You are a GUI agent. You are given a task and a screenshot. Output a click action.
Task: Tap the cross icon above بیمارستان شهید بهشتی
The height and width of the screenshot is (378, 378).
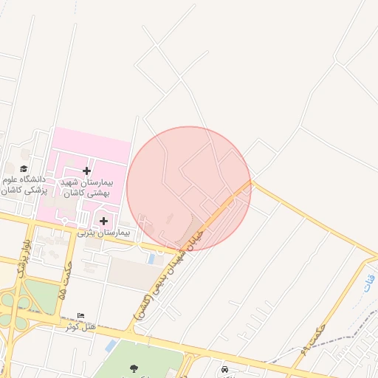[x=86, y=171]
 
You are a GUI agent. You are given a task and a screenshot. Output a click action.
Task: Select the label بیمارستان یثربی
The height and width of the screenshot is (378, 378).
[x=103, y=233]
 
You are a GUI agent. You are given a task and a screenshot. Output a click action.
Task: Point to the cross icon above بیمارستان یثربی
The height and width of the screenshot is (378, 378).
[x=103, y=221]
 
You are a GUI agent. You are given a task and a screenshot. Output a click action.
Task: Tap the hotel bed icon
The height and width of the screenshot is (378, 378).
[x=80, y=315]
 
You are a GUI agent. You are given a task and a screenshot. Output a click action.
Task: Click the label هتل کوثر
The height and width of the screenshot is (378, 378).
[x=80, y=326]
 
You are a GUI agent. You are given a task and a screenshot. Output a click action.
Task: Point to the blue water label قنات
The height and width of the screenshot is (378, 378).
[x=369, y=282]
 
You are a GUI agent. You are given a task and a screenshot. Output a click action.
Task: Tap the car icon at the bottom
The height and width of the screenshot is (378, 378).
[x=224, y=368]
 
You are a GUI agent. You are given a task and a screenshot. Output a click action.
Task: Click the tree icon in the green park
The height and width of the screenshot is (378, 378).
[x=134, y=368]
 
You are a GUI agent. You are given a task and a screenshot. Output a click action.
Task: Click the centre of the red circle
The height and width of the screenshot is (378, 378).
[x=189, y=188]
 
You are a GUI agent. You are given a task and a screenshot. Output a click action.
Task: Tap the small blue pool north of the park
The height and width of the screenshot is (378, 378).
[x=111, y=346]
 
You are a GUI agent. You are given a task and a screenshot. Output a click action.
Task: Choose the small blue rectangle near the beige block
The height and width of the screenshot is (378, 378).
[x=152, y=259]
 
